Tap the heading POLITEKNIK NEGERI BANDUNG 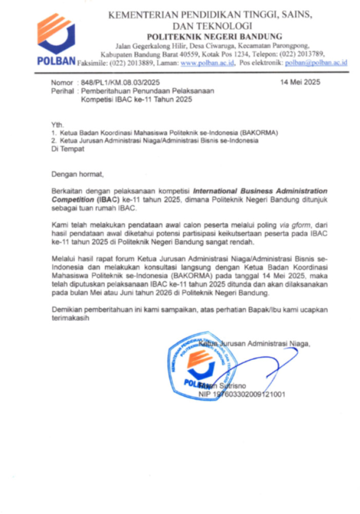(215, 36)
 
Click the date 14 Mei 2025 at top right (300, 82)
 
